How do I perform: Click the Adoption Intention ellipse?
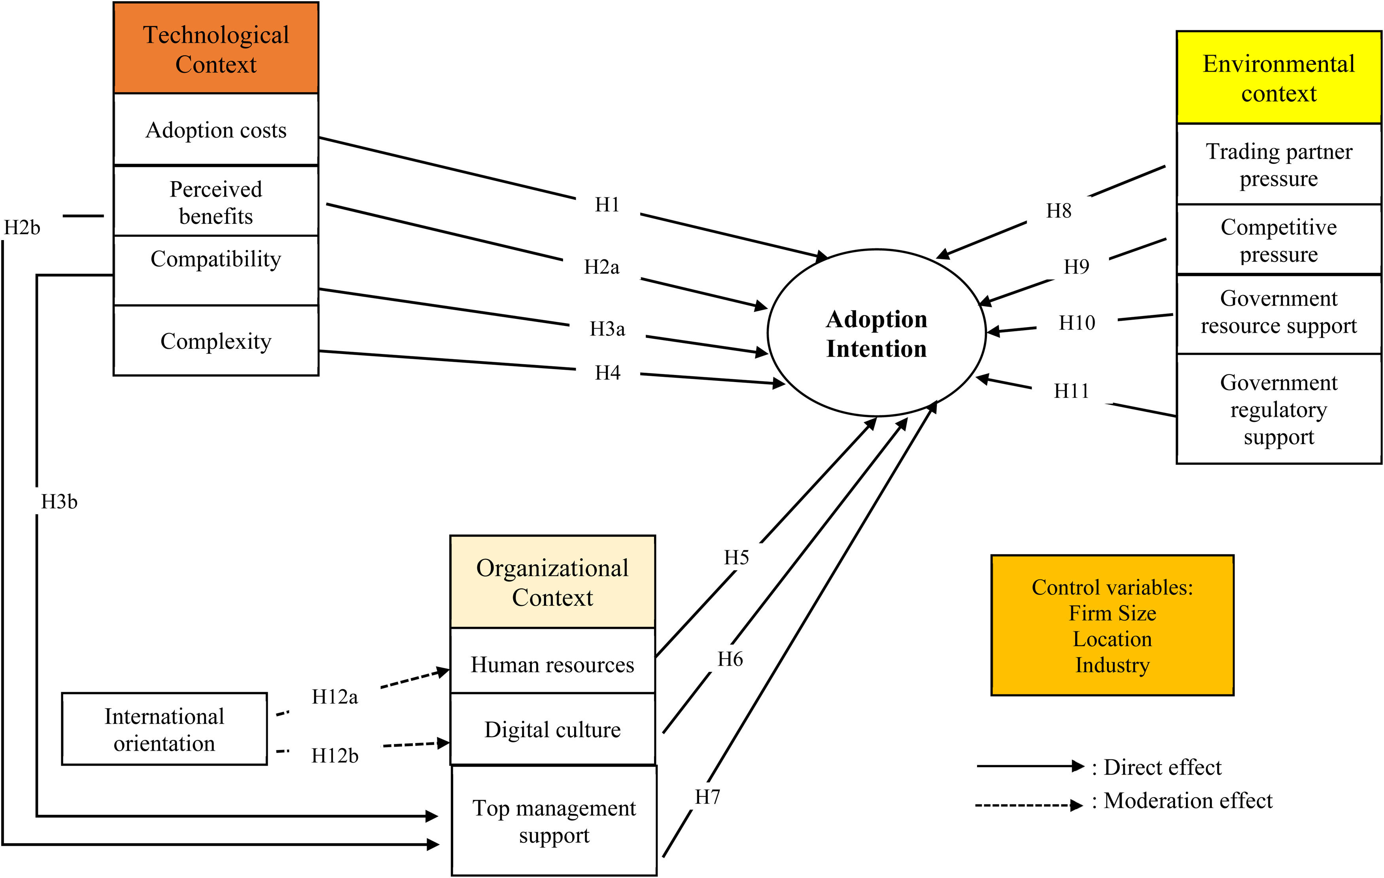click(x=877, y=333)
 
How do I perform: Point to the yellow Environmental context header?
click(x=1278, y=78)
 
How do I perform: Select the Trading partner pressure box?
click(x=1278, y=165)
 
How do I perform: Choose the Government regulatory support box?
click(x=1278, y=409)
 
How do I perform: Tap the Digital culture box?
click(x=552, y=729)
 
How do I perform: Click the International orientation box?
click(x=164, y=729)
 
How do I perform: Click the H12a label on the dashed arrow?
click(x=335, y=696)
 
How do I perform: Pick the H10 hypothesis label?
click(x=1076, y=323)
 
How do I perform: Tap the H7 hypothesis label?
click(x=707, y=797)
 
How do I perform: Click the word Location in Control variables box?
click(x=1112, y=639)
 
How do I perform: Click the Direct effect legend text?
click(x=1162, y=767)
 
